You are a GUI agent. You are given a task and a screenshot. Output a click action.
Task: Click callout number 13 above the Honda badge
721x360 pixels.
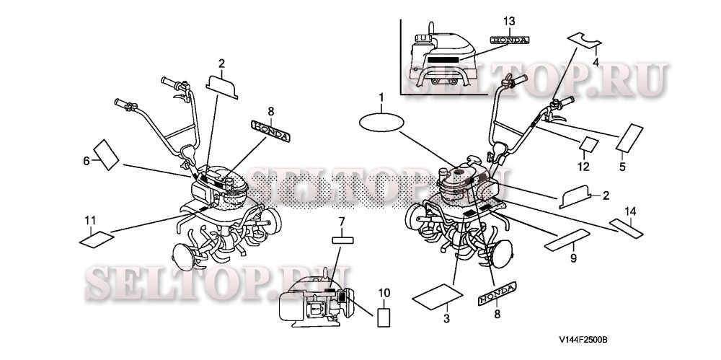509,21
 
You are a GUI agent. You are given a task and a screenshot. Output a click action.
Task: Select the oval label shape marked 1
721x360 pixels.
381,123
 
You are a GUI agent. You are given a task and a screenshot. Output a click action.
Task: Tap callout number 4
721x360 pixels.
596,62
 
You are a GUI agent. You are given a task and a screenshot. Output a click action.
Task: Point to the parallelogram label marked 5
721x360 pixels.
629,138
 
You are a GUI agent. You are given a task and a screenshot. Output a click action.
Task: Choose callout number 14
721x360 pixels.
630,212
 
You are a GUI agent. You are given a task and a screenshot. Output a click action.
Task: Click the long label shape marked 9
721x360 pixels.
567,240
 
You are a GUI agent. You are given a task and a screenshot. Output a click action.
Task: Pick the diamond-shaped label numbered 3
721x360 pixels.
438,297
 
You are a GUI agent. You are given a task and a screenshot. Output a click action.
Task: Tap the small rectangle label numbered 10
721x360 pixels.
384,317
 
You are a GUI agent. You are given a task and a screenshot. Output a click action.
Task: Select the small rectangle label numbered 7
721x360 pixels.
342,240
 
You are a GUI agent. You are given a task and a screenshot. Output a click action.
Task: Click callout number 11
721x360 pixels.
90,221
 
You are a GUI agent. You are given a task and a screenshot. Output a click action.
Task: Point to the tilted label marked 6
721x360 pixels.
106,154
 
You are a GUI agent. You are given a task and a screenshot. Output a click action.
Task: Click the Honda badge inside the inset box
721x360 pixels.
510,40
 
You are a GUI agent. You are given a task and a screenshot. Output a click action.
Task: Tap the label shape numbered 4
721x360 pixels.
585,40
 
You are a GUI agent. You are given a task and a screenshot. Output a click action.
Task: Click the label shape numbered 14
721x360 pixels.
626,229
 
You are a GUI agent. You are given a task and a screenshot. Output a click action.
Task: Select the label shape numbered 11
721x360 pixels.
97,240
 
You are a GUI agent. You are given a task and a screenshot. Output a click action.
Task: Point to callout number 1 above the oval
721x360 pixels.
381,97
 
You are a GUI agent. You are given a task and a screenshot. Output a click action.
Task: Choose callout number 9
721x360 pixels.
573,259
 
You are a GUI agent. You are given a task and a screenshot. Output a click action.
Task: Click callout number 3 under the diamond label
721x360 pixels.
446,319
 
